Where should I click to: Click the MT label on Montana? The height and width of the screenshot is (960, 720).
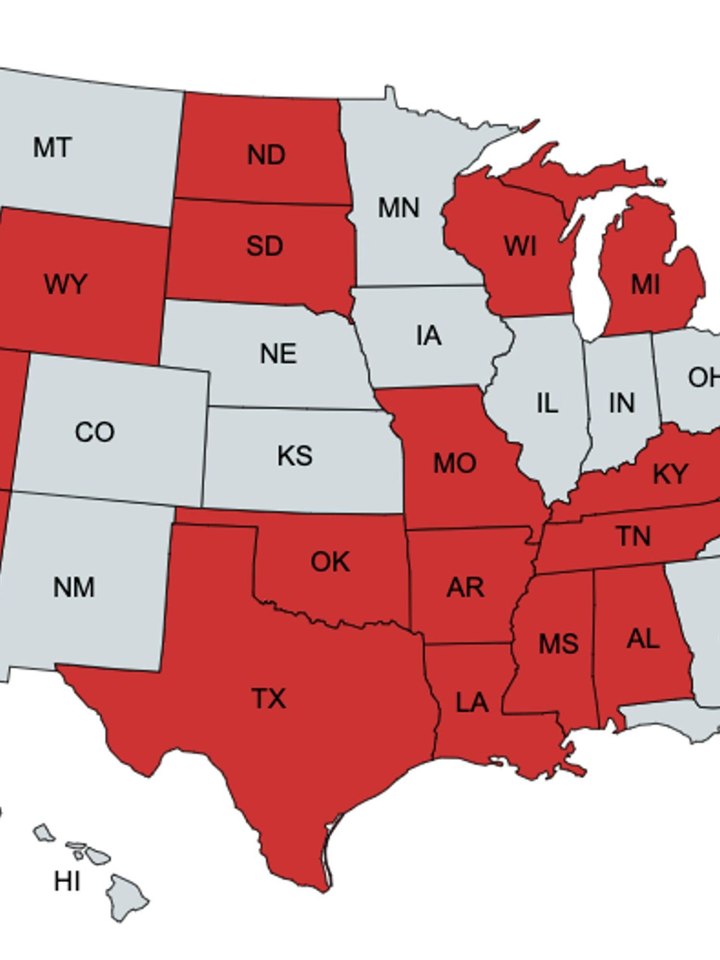point(53,147)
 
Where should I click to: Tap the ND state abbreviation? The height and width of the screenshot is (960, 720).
point(266,155)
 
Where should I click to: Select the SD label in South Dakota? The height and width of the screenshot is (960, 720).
point(264,246)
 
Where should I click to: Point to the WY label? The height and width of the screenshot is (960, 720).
point(65,284)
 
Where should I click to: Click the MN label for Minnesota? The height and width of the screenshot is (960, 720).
point(398,208)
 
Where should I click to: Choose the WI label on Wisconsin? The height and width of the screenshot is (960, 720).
point(520,246)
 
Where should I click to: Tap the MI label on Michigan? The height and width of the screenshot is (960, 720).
point(645,285)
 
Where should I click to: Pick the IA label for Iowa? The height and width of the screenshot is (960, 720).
point(429,336)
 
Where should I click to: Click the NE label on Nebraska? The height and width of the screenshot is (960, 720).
point(278,354)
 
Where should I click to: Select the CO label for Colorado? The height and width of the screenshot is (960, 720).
point(95,432)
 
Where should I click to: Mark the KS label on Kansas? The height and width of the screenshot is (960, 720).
point(295,456)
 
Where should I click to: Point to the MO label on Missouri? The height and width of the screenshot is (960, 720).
point(455,464)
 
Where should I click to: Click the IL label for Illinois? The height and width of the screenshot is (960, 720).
point(547,403)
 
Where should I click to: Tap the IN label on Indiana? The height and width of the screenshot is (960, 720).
point(622,403)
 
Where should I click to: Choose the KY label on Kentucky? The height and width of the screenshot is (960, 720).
point(671,474)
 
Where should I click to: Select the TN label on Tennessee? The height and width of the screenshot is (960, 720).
point(634,536)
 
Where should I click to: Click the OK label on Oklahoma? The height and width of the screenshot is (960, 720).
point(330,562)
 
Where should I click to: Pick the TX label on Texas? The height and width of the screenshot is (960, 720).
point(269,698)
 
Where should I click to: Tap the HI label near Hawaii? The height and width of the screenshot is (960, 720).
point(67,881)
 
